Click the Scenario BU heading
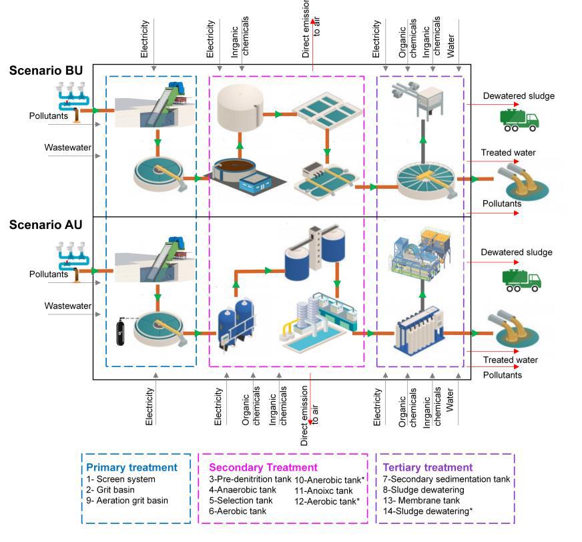click(46, 71)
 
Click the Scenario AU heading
click(46, 225)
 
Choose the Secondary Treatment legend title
click(263, 467)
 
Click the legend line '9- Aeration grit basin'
click(127, 501)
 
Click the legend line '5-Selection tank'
click(241, 501)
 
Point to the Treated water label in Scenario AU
click(511, 360)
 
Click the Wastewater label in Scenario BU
click(67, 147)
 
